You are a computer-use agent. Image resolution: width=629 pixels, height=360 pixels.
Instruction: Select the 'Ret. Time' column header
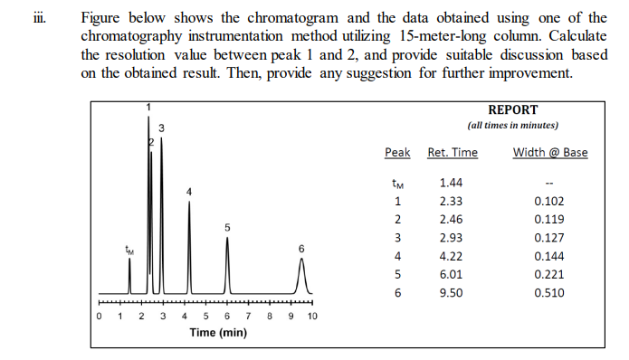point(452,152)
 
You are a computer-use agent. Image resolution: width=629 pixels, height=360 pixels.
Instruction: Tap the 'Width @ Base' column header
point(549,152)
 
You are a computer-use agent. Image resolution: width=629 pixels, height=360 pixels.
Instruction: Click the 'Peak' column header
point(397,152)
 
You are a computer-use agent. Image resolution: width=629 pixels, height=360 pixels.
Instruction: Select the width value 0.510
point(548,293)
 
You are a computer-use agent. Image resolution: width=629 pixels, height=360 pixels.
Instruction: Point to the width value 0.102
point(548,202)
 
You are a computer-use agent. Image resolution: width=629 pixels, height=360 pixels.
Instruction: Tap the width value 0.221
point(548,275)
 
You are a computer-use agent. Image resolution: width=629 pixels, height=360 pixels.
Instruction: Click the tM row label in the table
point(397,184)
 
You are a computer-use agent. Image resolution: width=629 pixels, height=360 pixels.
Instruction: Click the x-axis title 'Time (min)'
point(217,333)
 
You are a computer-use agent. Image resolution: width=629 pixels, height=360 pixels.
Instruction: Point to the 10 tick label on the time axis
point(312,317)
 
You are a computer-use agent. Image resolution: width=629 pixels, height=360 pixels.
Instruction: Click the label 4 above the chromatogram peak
point(189,192)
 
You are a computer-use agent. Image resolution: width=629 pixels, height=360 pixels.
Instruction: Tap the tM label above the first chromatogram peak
point(129,251)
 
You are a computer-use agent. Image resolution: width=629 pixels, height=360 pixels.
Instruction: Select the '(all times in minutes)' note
point(512,125)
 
